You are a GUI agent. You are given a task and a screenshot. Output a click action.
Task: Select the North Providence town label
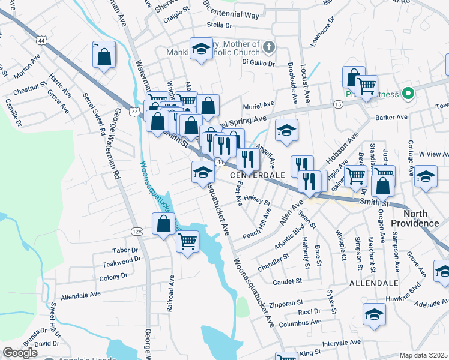[x=415, y=218]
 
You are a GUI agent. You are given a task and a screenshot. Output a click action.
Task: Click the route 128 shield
[x=137, y=232]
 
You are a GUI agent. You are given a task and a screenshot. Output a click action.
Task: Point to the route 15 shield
[x=339, y=104]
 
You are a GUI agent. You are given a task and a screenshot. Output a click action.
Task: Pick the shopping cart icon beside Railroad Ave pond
[x=187, y=242]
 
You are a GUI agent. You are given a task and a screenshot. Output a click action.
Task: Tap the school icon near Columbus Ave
[x=374, y=314]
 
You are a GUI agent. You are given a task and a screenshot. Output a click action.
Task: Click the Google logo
[x=20, y=353]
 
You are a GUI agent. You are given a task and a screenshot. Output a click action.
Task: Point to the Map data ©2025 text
[x=423, y=355]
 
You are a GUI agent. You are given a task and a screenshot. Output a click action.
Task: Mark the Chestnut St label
[x=30, y=89]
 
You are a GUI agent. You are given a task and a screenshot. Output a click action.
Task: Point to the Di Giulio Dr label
[x=258, y=62]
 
